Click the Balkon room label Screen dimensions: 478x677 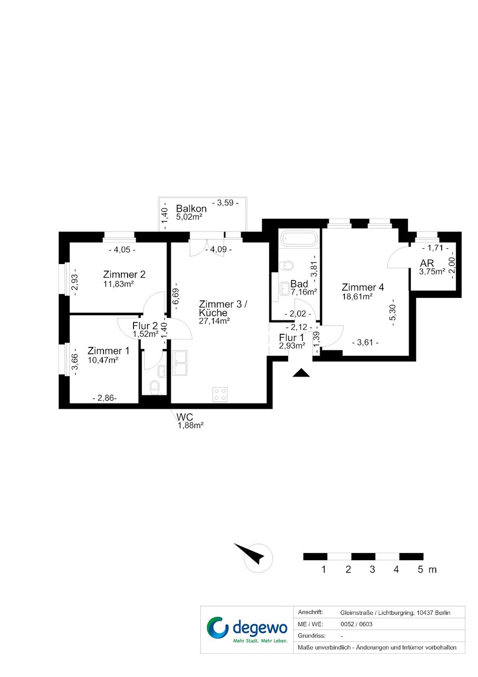click(191, 209)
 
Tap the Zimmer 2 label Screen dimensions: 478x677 click(124, 275)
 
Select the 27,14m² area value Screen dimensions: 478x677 click(214, 321)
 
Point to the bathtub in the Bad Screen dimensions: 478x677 click(299, 238)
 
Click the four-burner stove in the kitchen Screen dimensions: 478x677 click(220, 394)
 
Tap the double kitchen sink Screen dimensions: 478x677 click(180, 363)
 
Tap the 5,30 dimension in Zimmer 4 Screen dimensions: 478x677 click(393, 312)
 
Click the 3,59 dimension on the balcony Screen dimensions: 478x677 click(225, 202)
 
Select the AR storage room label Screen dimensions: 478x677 click(427, 263)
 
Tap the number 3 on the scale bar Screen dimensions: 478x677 click(372, 569)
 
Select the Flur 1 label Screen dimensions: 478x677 click(291, 337)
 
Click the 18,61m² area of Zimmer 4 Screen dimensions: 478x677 click(357, 296)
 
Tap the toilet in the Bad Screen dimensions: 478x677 click(286, 266)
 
